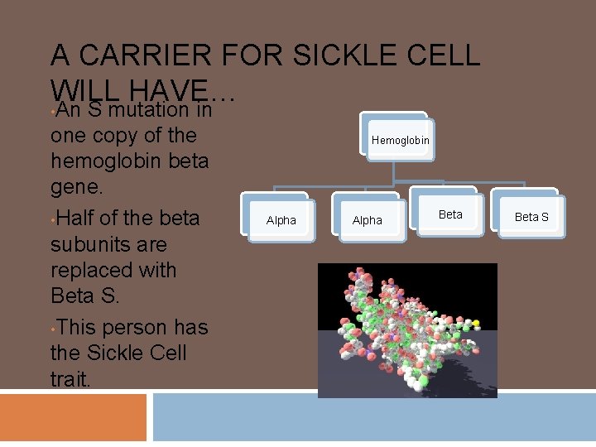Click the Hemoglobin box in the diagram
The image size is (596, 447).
[400, 140]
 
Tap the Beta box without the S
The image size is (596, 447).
[450, 214]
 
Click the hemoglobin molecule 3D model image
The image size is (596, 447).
[407, 330]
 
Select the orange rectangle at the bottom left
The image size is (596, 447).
[73, 417]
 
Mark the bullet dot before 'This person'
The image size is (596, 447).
[54, 328]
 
